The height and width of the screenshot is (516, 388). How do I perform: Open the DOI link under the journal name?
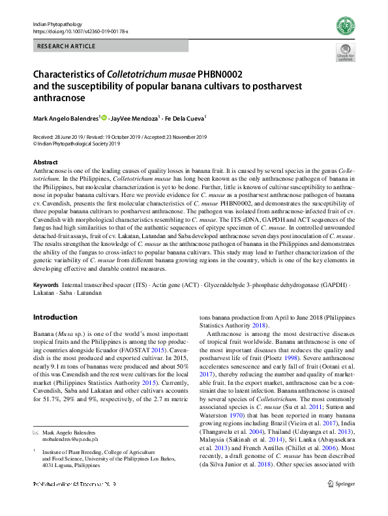pos(80,31)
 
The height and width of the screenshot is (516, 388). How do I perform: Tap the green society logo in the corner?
pos(345,27)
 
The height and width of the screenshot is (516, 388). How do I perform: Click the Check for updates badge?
pos(345,53)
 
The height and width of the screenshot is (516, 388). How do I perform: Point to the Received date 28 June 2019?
pos(65,137)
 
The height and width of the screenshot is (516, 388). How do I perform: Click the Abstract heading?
pos(45,162)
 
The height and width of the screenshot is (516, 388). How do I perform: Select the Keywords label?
pos(45,286)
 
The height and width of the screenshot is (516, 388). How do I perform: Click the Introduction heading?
pos(55,318)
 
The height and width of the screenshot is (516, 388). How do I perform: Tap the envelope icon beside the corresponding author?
pos(35,433)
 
